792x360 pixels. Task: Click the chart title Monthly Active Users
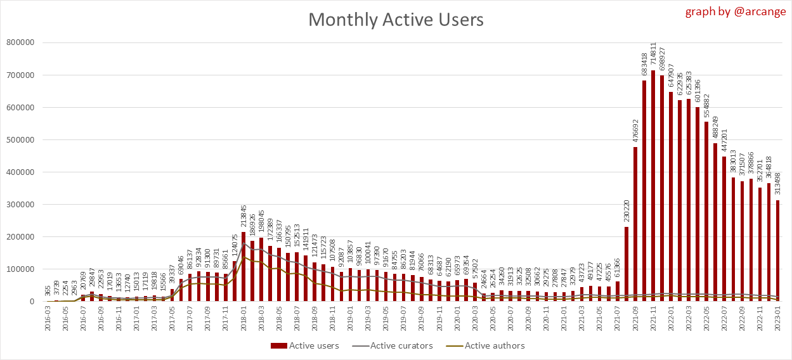396,20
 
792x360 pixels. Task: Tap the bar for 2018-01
243,267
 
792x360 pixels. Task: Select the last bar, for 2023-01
778,251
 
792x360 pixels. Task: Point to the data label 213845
244,217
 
